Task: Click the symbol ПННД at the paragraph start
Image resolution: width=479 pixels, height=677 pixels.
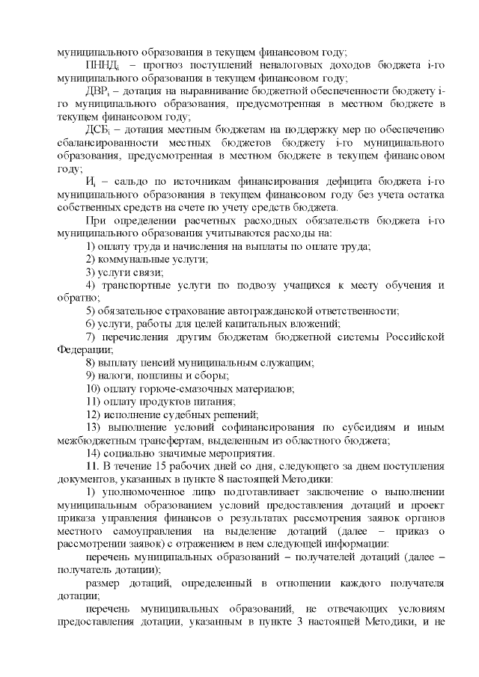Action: (x=103, y=67)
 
